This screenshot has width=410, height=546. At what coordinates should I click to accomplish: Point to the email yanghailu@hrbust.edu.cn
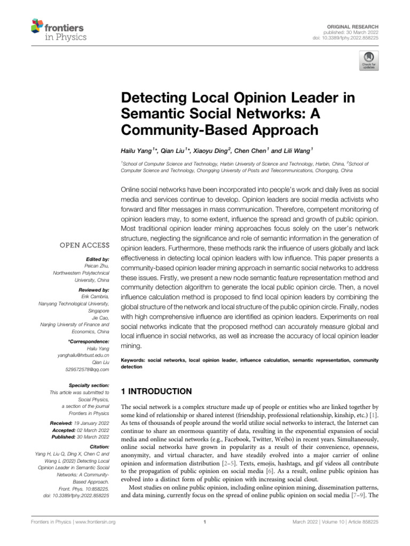[x=83, y=355]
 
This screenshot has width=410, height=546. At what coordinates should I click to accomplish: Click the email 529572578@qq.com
[x=88, y=369]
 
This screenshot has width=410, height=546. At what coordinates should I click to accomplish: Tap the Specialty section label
[x=89, y=385]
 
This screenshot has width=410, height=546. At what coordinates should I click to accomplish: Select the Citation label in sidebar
[x=98, y=445]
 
